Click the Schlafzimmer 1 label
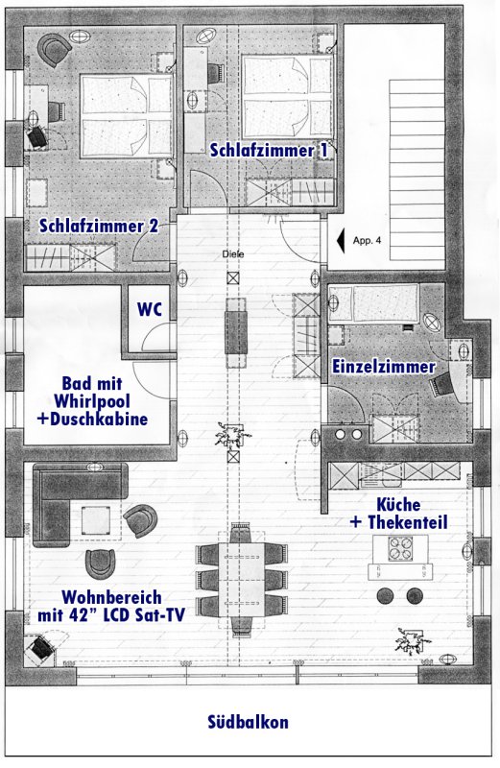click(x=269, y=150)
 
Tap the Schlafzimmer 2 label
click(x=99, y=226)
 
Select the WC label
click(x=150, y=309)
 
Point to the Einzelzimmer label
click(x=384, y=367)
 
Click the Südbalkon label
click(x=248, y=722)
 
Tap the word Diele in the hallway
click(x=232, y=254)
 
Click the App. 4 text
click(x=367, y=241)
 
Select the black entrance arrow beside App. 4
click(x=341, y=241)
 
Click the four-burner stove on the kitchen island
click(x=400, y=548)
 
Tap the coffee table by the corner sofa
click(x=96, y=520)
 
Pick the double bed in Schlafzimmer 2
click(x=127, y=116)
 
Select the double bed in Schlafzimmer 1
click(x=288, y=97)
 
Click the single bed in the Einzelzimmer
click(x=374, y=303)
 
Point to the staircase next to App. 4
click(x=417, y=170)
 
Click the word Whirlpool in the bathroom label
click(x=92, y=401)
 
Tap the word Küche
click(x=398, y=504)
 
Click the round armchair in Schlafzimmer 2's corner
click(x=54, y=49)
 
